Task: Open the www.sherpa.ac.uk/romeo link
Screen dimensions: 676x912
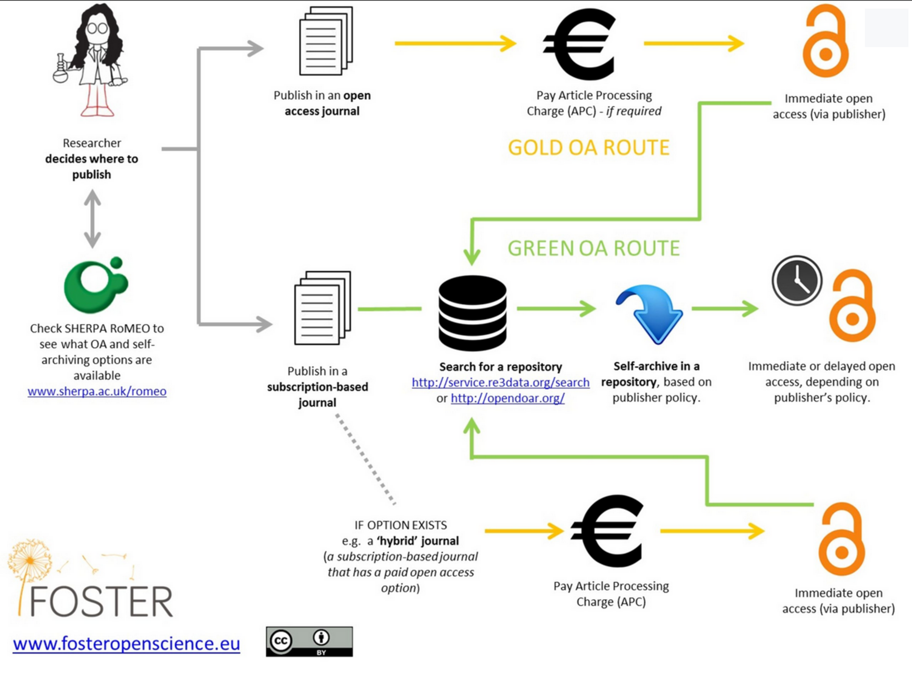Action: (97, 391)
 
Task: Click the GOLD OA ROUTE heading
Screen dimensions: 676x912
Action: (589, 148)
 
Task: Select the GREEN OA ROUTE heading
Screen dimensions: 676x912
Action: (594, 248)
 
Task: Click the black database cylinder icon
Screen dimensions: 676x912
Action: (472, 313)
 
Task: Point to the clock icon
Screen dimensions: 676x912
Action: (797, 280)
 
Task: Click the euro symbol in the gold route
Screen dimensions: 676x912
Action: (580, 45)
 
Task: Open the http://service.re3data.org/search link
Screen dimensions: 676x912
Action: (501, 382)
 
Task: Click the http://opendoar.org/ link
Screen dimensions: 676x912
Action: (507, 398)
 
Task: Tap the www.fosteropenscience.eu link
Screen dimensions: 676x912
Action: (126, 643)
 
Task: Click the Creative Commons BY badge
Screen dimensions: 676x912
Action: (309, 641)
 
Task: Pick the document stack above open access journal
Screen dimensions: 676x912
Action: (326, 41)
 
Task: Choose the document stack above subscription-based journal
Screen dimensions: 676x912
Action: (323, 308)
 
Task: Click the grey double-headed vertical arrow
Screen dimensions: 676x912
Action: (92, 219)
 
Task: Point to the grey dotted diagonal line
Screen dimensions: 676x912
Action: (365, 459)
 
